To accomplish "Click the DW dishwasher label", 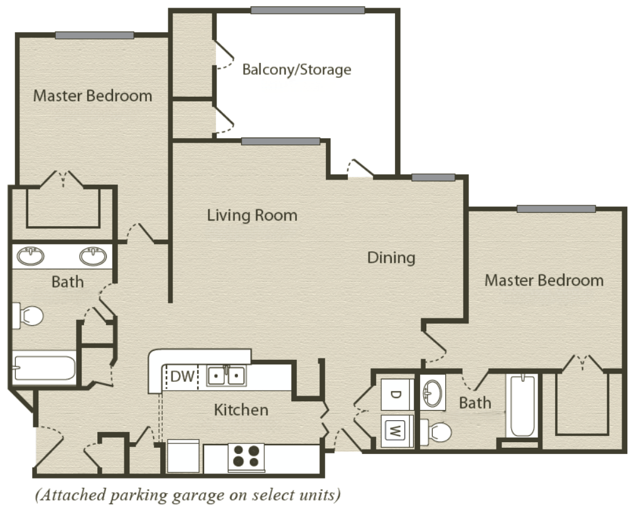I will point(181,377).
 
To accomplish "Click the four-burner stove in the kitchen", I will point(245,457).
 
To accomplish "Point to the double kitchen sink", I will point(227,376).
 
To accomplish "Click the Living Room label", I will point(252,215).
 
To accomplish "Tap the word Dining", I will point(391,257).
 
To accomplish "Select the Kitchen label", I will point(241,410).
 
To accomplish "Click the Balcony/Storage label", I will point(296,69).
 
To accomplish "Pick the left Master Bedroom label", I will point(92,96).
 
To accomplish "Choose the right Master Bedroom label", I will point(544,280).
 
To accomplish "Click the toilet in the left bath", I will point(28,315).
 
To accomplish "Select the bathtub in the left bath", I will point(44,368).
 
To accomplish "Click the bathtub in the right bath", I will point(522,406).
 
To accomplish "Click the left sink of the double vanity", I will point(30,256).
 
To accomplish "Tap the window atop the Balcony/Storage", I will point(307,10).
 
